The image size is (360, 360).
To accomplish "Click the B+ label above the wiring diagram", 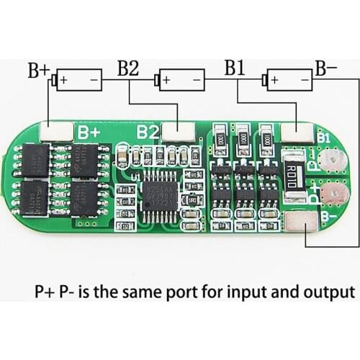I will [38, 71].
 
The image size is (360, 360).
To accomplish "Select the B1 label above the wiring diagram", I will [235, 69].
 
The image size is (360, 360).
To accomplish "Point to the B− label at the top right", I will [325, 69].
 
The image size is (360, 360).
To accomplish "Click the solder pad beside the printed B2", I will [179, 130].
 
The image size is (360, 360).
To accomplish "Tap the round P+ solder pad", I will [331, 194].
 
